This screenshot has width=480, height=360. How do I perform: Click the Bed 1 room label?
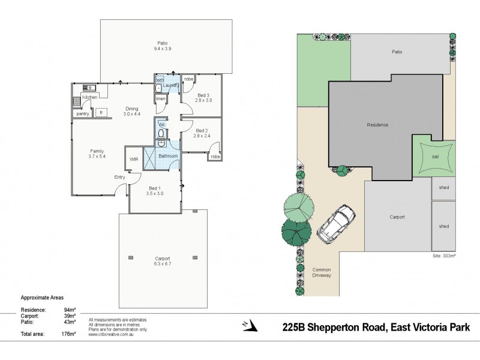pyautogui.click(x=154, y=191)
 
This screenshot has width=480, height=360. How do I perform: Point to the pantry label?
pyautogui.click(x=83, y=113)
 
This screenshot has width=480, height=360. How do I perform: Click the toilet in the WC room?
pyautogui.click(x=161, y=133)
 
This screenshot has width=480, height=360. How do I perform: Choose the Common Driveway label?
pyautogui.click(x=322, y=274)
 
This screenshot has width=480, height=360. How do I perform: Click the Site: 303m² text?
pyautogui.click(x=444, y=256)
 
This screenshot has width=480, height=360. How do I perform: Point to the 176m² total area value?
pyautogui.click(x=68, y=334)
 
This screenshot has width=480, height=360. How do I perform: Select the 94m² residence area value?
pyautogui.click(x=69, y=310)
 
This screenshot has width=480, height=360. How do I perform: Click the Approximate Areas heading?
pyautogui.click(x=42, y=298)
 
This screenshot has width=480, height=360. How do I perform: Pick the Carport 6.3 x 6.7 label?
pyautogui.click(x=163, y=261)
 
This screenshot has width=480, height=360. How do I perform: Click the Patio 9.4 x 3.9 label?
pyautogui.click(x=162, y=46)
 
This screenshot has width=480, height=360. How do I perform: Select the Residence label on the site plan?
pyautogui.click(x=377, y=125)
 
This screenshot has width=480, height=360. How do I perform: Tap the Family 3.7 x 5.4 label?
pyautogui.click(x=97, y=154)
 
